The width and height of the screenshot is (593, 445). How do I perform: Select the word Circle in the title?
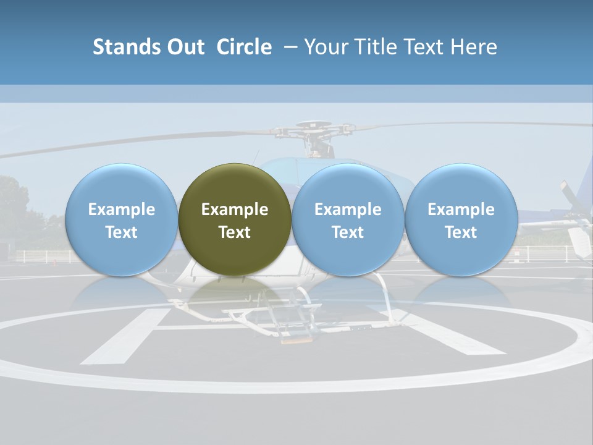click(244, 47)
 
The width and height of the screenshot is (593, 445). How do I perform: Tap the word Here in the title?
click(473, 47)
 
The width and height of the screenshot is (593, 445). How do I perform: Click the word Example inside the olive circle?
click(235, 210)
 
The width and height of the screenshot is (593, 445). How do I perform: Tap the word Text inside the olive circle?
click(235, 232)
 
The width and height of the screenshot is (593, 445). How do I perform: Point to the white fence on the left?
click(40, 255)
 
